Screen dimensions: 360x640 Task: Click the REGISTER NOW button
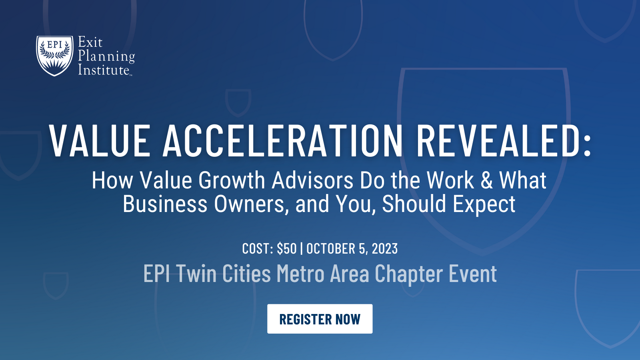pyautogui.click(x=320, y=319)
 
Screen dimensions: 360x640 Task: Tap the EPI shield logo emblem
pyautogui.click(x=55, y=55)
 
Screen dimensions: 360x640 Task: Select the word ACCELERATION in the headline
pyautogui.click(x=283, y=141)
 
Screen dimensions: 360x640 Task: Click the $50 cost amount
pyautogui.click(x=286, y=249)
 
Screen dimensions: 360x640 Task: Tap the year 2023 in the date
pyautogui.click(x=385, y=249)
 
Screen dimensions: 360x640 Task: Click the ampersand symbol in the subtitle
pyautogui.click(x=486, y=180)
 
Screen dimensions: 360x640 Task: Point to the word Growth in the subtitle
pyautogui.click(x=232, y=180)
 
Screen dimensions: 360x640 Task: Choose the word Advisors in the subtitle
pyautogui.click(x=312, y=180)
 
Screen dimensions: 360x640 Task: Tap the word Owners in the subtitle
pyautogui.click(x=251, y=204)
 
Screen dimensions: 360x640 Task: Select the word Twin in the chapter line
pyautogui.click(x=196, y=274)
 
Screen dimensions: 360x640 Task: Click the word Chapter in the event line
pyautogui.click(x=409, y=274)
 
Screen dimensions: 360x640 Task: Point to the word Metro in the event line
pyautogui.click(x=300, y=274)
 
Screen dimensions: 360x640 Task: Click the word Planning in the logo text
pyautogui.click(x=106, y=56)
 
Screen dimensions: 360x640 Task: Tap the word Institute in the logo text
pyautogui.click(x=104, y=70)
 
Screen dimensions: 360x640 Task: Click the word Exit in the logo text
pyautogui.click(x=90, y=42)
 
